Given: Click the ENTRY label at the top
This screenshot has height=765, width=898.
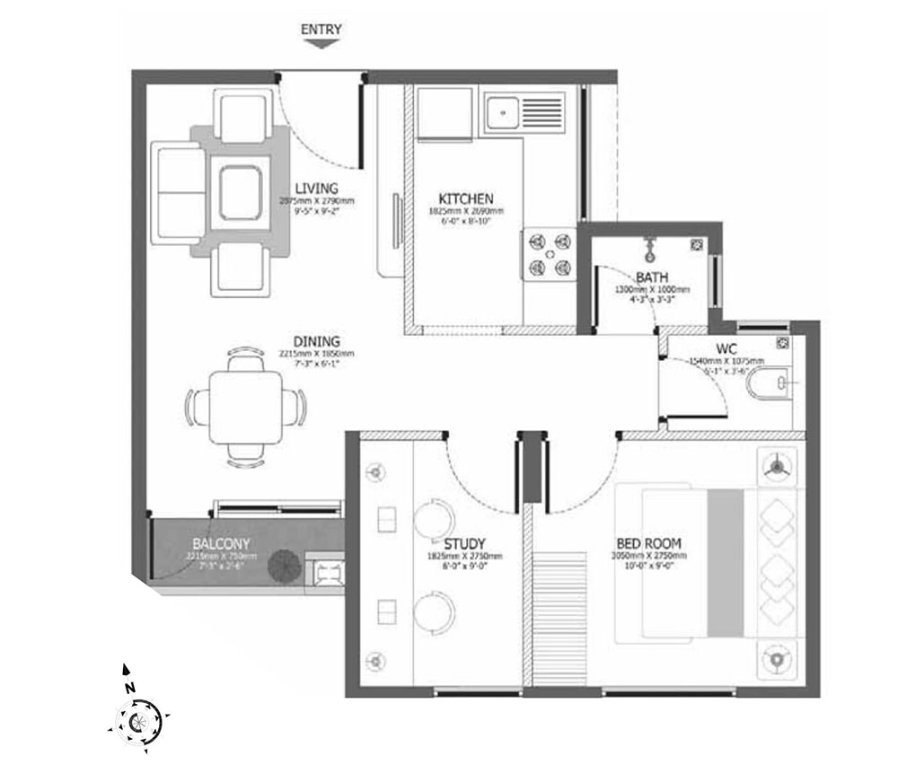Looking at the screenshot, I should pyautogui.click(x=321, y=29).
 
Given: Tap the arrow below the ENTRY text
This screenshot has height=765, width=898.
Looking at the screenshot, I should pyautogui.click(x=321, y=42).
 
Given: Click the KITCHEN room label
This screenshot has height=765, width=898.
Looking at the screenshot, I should pyautogui.click(x=465, y=198).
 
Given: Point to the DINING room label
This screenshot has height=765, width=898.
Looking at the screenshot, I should pyautogui.click(x=316, y=342).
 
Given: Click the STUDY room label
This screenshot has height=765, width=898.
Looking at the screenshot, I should pyautogui.click(x=465, y=544).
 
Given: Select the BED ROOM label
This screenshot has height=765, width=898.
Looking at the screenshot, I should pyautogui.click(x=648, y=543).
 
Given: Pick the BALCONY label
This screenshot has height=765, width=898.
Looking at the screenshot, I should pyautogui.click(x=221, y=544).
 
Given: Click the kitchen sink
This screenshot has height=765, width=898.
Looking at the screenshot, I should pyautogui.click(x=502, y=112).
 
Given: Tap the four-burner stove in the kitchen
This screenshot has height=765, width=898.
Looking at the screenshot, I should pyautogui.click(x=548, y=253).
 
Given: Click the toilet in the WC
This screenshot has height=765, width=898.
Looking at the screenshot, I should pyautogui.click(x=768, y=383).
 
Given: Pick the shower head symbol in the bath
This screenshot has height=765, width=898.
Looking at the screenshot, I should pyautogui.click(x=647, y=245).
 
